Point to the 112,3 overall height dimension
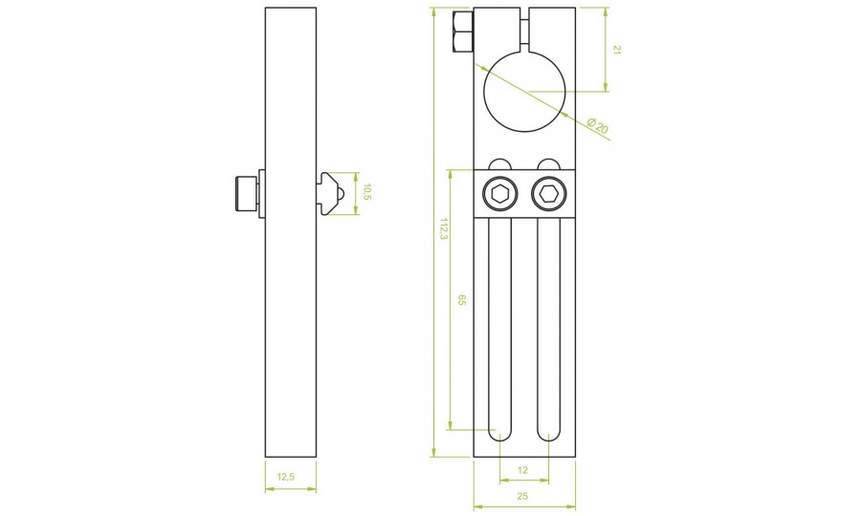click(442, 229)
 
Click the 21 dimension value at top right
click(616, 51)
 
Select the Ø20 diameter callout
click(598, 127)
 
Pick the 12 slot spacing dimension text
click(523, 470)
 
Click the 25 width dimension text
click(523, 495)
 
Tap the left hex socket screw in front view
click(500, 194)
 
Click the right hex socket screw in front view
click(548, 194)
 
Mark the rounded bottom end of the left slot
click(500, 435)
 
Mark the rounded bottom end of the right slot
click(548, 435)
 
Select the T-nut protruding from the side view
click(329, 194)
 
